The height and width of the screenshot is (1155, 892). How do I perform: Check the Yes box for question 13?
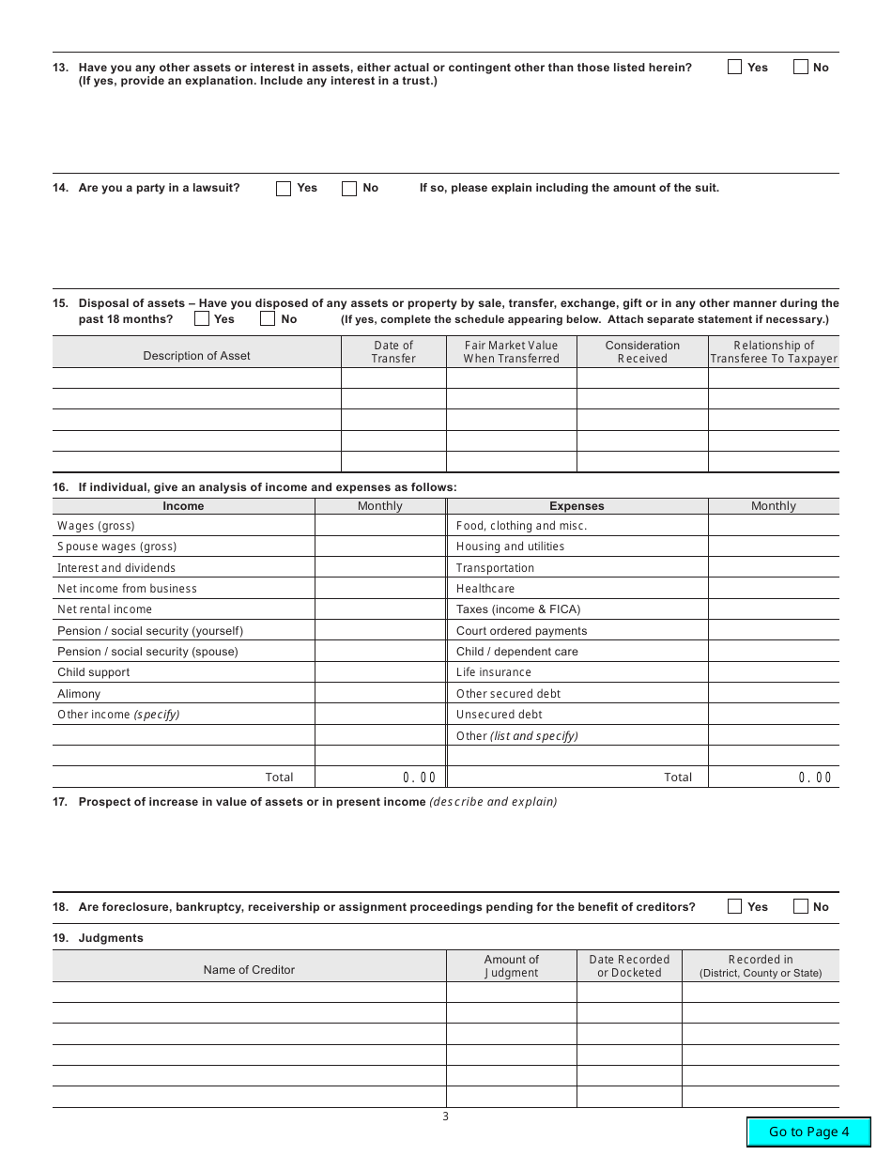(x=735, y=67)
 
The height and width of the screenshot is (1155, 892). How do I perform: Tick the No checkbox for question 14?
(x=349, y=188)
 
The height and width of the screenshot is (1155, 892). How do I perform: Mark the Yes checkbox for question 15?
(x=202, y=318)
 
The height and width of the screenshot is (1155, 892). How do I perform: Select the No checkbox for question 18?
(x=801, y=906)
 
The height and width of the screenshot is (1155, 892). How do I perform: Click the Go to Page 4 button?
(x=808, y=1132)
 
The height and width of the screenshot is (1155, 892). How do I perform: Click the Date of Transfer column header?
(x=392, y=352)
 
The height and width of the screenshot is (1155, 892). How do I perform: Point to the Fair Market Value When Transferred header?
(x=511, y=352)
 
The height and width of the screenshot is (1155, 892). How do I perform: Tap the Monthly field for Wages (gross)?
(x=379, y=526)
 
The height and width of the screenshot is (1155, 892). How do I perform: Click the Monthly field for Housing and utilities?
(x=773, y=547)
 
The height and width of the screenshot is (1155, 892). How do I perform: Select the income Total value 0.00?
(x=419, y=778)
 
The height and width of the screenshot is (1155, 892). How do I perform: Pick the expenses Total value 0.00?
(x=814, y=778)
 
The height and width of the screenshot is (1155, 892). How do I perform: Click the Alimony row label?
(x=79, y=694)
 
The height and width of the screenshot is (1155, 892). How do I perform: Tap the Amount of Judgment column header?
(x=511, y=966)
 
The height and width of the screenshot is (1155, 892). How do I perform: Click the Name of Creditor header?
(x=249, y=970)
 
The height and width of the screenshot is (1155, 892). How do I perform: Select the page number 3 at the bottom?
(x=446, y=1116)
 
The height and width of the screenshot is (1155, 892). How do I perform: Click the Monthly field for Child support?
(x=379, y=672)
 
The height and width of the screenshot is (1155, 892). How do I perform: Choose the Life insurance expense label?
(x=493, y=672)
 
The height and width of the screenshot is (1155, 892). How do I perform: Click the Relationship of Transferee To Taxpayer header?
(x=774, y=352)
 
